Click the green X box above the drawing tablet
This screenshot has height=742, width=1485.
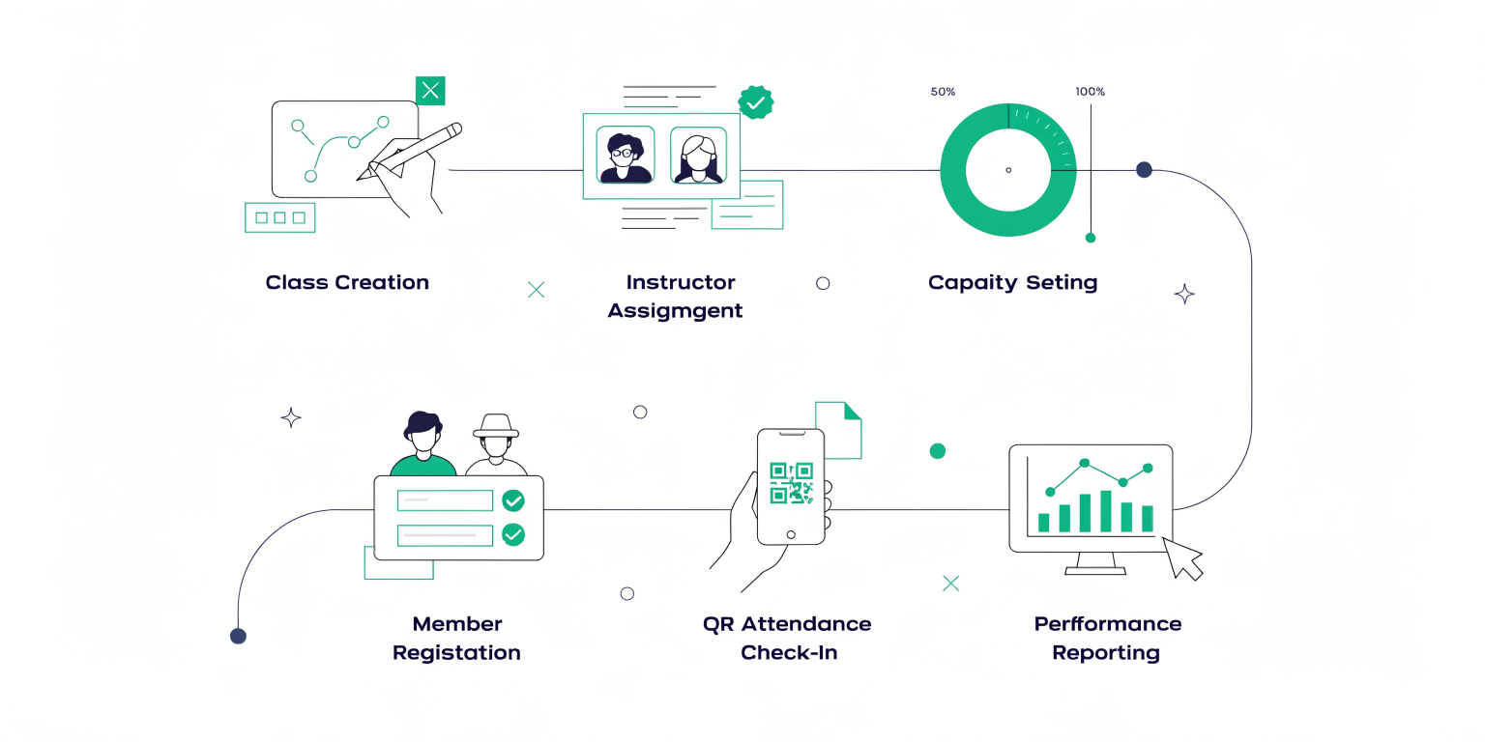click(x=430, y=90)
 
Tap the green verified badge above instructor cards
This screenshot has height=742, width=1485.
click(x=756, y=102)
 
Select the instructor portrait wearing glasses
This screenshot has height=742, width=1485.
click(x=626, y=155)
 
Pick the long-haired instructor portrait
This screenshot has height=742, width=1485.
click(x=699, y=155)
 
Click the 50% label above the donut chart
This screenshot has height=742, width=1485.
click(x=943, y=92)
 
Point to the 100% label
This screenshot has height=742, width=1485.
click(x=1090, y=92)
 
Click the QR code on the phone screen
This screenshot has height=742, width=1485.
click(x=791, y=483)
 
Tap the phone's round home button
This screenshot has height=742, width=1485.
click(x=791, y=534)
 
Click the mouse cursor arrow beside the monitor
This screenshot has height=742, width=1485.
click(x=1182, y=558)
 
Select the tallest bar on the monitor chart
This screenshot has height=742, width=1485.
click(x=1106, y=511)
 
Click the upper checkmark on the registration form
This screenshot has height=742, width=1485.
click(x=513, y=500)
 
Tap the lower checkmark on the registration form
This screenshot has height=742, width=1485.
click(x=513, y=534)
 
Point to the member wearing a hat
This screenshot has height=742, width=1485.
click(x=496, y=444)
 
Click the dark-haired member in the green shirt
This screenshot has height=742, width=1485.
click(x=422, y=443)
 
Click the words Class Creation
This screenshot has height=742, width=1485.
click(x=347, y=282)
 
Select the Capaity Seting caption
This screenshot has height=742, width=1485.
click(x=1012, y=283)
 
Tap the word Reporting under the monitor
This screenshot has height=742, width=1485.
click(x=1106, y=653)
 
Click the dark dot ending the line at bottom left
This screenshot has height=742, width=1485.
click(x=238, y=636)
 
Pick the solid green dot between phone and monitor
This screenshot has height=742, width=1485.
click(x=938, y=451)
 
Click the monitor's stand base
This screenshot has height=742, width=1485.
click(x=1095, y=570)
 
